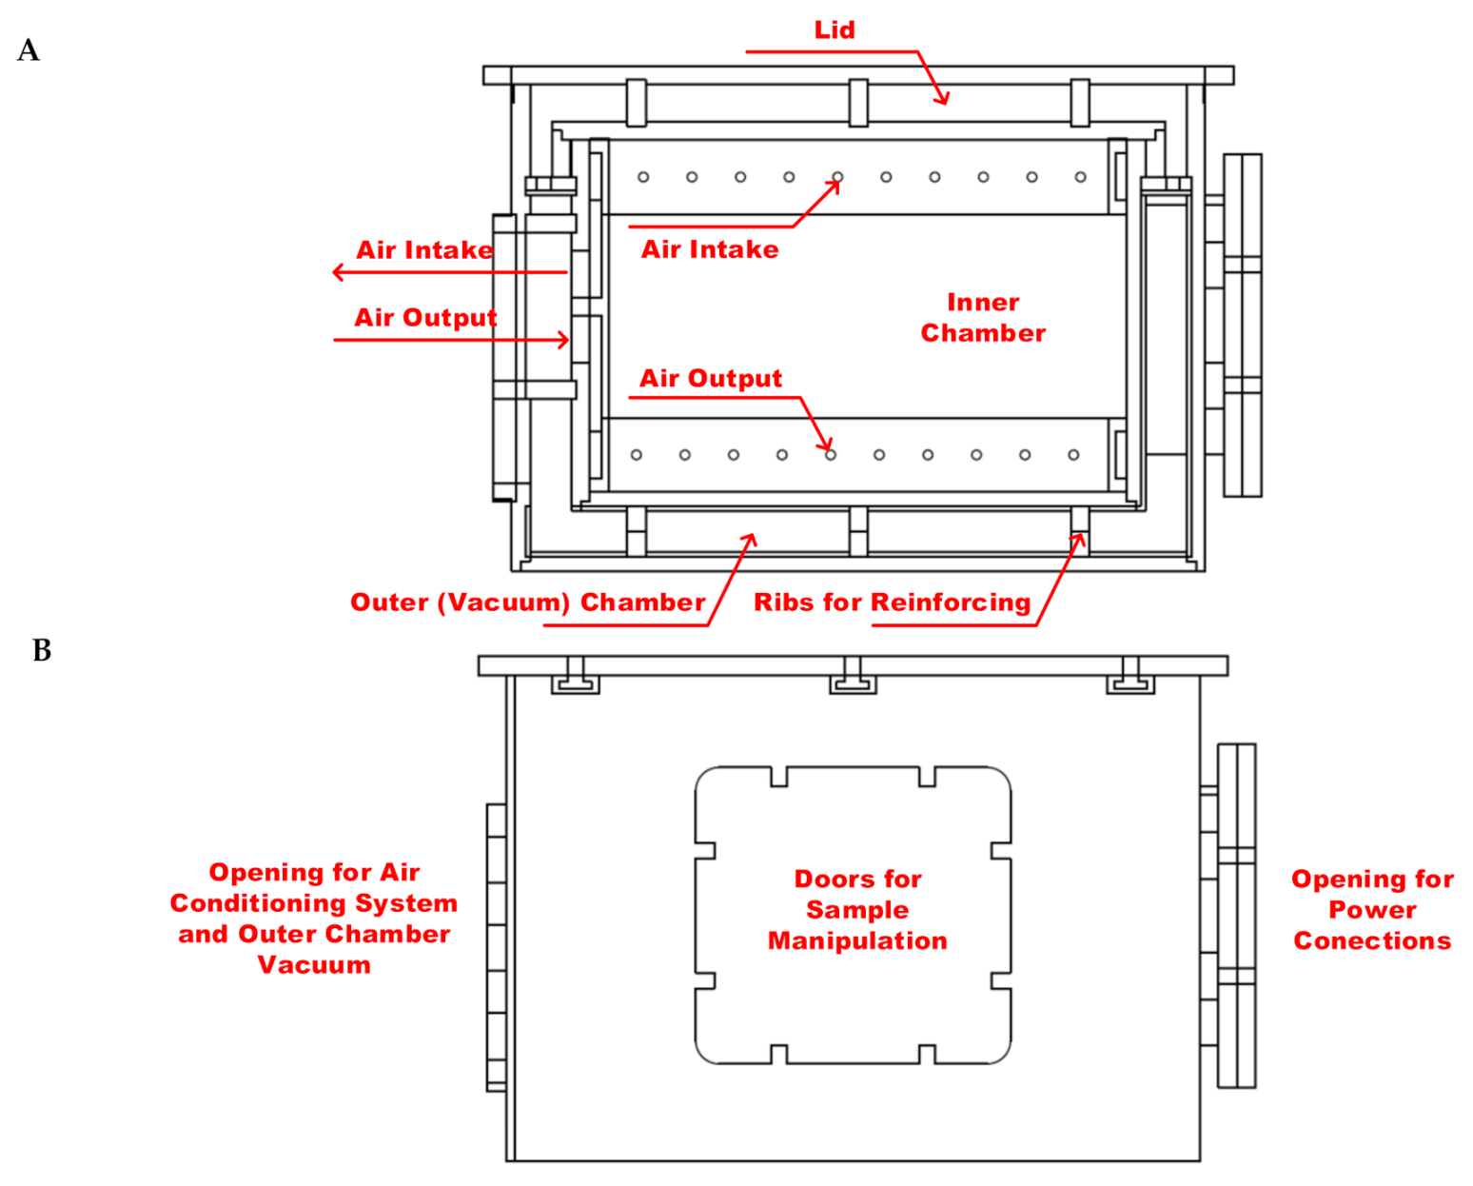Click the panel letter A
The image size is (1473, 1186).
(29, 49)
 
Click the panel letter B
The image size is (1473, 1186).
(42, 650)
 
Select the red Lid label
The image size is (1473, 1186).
(834, 30)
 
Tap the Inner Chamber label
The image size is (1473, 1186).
(983, 318)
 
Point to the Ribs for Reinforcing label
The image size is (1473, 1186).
(892, 603)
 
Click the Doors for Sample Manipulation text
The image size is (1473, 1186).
(857, 910)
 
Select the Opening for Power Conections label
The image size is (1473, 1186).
(1371, 910)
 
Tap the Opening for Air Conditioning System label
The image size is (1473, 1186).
(314, 918)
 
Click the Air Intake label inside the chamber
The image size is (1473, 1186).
(710, 249)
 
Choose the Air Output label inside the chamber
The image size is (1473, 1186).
(710, 379)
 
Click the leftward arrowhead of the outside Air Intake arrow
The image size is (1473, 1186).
(338, 272)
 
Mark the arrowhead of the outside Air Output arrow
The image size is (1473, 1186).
(564, 340)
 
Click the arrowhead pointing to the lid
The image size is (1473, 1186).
(943, 99)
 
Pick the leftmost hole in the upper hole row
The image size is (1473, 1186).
(643, 177)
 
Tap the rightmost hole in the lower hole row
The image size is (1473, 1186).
(1073, 455)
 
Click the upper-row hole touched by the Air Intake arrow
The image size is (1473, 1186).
(837, 178)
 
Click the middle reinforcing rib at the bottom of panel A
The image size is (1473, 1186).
(858, 530)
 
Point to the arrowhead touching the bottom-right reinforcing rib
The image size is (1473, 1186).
(1078, 539)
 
